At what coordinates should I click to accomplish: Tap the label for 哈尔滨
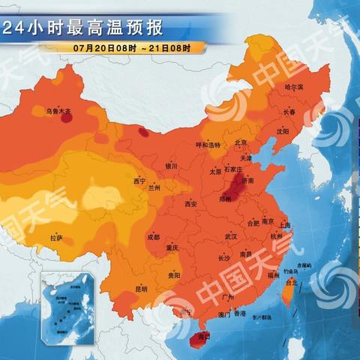pyautogui.click(x=295, y=88)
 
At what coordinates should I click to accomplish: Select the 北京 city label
pyautogui.click(x=241, y=142)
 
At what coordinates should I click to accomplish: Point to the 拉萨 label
pyautogui.click(x=57, y=238)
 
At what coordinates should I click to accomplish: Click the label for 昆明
pyautogui.click(x=142, y=289)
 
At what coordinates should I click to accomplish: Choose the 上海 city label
pyautogui.click(x=283, y=224)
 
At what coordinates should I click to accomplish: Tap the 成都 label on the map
pyautogui.click(x=154, y=237)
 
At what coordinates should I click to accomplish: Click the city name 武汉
pyautogui.click(x=231, y=237)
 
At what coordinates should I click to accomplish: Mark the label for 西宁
pyautogui.click(x=139, y=181)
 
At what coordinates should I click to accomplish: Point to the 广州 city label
pyautogui.click(x=229, y=298)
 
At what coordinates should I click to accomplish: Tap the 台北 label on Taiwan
pyautogui.click(x=292, y=283)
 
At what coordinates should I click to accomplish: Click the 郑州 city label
pyautogui.click(x=226, y=200)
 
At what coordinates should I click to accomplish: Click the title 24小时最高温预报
pyautogui.click(x=82, y=29)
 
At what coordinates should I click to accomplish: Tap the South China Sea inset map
pyautogui.click(x=68, y=300)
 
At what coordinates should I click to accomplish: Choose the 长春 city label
pyautogui.click(x=289, y=112)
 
